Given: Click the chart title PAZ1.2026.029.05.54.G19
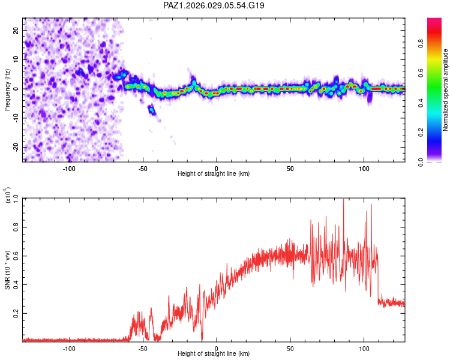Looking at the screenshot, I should (x=214, y=5).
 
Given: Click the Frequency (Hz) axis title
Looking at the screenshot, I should (x=8, y=89).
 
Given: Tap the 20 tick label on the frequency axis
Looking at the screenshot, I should (x=16, y=30).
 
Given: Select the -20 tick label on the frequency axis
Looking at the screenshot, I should (x=14, y=148).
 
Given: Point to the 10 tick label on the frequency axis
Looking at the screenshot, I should (x=16, y=59).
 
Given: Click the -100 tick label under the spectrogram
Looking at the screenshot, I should (x=69, y=169).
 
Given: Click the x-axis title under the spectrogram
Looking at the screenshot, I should (x=214, y=174).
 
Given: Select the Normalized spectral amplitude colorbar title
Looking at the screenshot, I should (x=446, y=90).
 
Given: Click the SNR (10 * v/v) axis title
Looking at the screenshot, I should (x=8, y=270).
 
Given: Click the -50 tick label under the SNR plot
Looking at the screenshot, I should (x=143, y=349).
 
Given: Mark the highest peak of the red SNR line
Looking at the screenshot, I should (x=344, y=199).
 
